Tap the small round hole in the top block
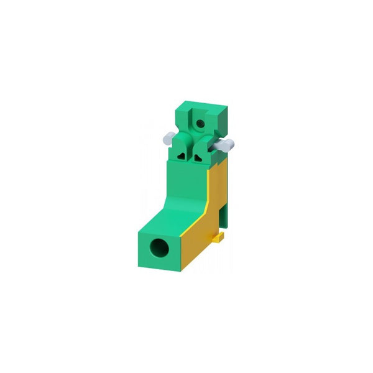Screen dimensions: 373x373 pyautogui.click(x=200, y=124)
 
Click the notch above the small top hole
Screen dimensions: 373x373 pyautogui.click(x=199, y=111)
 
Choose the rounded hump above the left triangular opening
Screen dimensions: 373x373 pyautogui.click(x=181, y=142)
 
